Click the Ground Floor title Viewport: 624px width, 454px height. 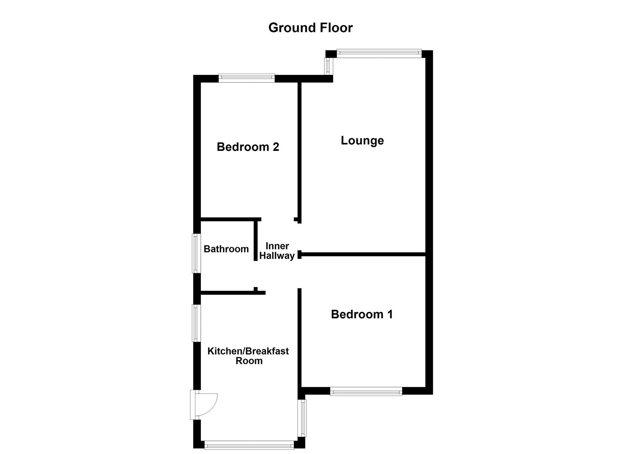coord(311,28)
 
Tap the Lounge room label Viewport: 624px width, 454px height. coord(362,140)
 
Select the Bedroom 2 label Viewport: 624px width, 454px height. coord(247,147)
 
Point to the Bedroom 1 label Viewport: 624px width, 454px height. coord(361,314)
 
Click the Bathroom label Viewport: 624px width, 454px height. coord(226,249)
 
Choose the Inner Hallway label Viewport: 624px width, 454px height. coord(277,251)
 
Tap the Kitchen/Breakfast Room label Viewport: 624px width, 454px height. coord(248,356)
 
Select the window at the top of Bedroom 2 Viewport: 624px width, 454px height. coord(247,78)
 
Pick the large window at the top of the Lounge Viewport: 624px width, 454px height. coord(379,53)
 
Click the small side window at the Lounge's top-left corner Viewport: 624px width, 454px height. coord(327,66)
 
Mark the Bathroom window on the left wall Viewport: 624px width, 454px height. coord(196,253)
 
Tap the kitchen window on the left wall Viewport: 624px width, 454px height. coord(196,323)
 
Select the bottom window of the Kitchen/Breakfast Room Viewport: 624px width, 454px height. coord(249,444)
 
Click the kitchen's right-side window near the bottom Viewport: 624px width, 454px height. coord(302,418)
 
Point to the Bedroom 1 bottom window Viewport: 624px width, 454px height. coord(366,392)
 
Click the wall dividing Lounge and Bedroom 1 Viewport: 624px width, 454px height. coord(363,254)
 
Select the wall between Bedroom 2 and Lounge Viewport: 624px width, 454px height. coord(300,151)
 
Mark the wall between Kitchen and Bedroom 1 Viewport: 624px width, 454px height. coord(300,340)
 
